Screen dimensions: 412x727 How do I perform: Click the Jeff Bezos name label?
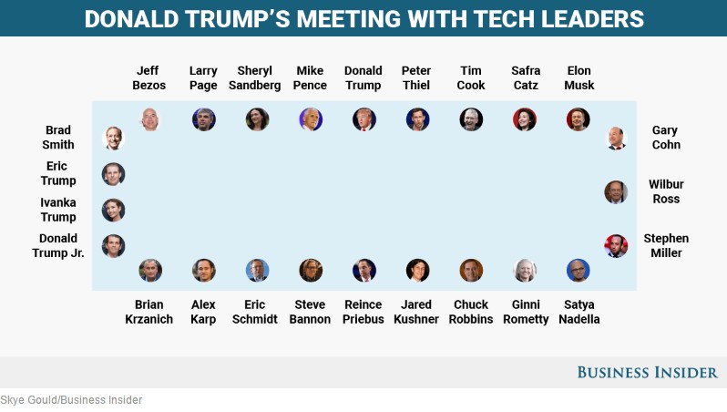[148, 77]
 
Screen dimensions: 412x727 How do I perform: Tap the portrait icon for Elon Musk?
[578, 119]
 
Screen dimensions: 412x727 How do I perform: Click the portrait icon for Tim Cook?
[471, 119]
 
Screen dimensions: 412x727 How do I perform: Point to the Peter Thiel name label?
[416, 77]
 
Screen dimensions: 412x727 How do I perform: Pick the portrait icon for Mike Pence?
[311, 119]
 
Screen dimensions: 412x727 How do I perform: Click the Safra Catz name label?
[526, 77]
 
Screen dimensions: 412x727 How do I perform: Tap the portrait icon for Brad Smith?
[113, 138]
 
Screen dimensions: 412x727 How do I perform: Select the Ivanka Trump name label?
[58, 210]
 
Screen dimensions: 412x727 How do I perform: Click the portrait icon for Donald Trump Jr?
[113, 245]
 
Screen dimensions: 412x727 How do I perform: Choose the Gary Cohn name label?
[665, 138]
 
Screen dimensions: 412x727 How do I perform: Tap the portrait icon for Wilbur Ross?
[616, 191]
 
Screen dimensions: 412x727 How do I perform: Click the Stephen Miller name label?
[666, 245]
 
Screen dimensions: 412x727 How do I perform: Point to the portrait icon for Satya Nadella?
[578, 270]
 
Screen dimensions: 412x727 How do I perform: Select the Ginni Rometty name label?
[526, 312]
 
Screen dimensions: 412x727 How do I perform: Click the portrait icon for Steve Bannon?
[311, 270]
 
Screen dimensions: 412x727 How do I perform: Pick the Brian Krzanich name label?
[148, 312]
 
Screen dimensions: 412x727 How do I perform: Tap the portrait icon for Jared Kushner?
[417, 270]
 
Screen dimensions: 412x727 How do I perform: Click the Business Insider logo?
[647, 372]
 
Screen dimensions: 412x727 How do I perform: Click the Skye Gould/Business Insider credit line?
[71, 400]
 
